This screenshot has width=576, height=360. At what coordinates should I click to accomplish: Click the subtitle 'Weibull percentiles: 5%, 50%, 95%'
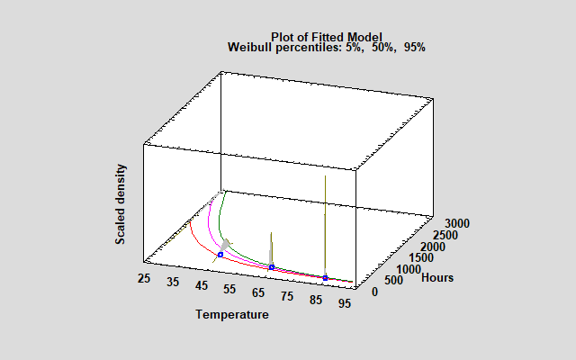coord(327,47)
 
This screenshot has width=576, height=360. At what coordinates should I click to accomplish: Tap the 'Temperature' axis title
coord(232,315)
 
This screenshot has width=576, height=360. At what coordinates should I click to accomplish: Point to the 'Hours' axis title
coord(437,277)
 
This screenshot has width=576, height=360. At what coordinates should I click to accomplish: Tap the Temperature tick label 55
coord(230,289)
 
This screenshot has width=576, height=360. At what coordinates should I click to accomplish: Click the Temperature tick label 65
coord(260,293)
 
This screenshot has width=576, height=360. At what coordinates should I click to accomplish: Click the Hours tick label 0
coord(376,292)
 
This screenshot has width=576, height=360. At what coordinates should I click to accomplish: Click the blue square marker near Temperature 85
coord(326,277)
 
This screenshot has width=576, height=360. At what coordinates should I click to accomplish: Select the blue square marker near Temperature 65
coord(271,266)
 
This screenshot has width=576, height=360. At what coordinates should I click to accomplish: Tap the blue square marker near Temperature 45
coord(220,255)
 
